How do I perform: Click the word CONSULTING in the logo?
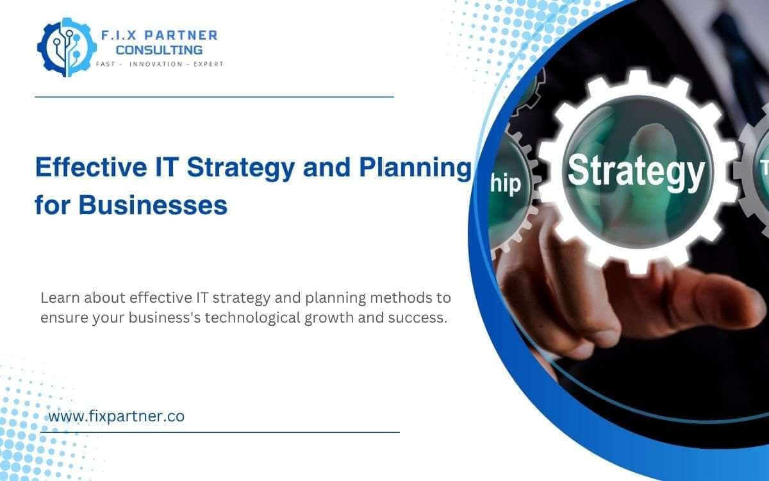(x=159, y=49)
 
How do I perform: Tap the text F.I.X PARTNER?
(x=159, y=35)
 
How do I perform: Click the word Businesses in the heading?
(x=153, y=206)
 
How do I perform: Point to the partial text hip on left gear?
(x=506, y=184)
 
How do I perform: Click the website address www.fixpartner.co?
(x=117, y=416)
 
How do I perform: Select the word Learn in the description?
(x=59, y=298)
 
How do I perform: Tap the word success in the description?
(x=420, y=317)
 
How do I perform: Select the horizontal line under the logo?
(x=213, y=97)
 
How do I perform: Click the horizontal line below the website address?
(x=220, y=432)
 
